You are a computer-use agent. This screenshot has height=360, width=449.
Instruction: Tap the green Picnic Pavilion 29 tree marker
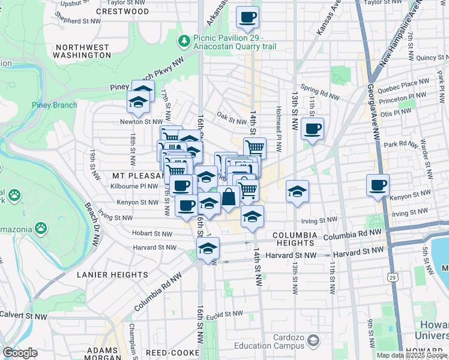click(x=184, y=41)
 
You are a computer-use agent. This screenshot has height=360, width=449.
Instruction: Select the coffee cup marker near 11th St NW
click(x=313, y=128)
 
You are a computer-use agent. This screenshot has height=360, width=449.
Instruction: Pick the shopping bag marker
click(x=229, y=196)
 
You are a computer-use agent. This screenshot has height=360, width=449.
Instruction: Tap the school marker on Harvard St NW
click(x=208, y=248)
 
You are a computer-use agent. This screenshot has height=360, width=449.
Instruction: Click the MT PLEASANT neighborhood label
click(x=137, y=176)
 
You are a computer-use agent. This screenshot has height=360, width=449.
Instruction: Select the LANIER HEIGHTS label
click(x=112, y=274)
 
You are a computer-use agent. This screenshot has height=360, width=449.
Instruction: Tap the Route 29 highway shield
click(x=391, y=278)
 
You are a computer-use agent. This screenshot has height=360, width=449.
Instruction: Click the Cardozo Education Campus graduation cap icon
click(x=313, y=341)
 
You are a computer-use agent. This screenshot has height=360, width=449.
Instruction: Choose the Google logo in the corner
click(x=20, y=353)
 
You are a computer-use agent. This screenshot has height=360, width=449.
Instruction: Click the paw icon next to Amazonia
click(x=40, y=227)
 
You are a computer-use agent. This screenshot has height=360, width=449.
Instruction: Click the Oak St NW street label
click(x=229, y=118)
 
